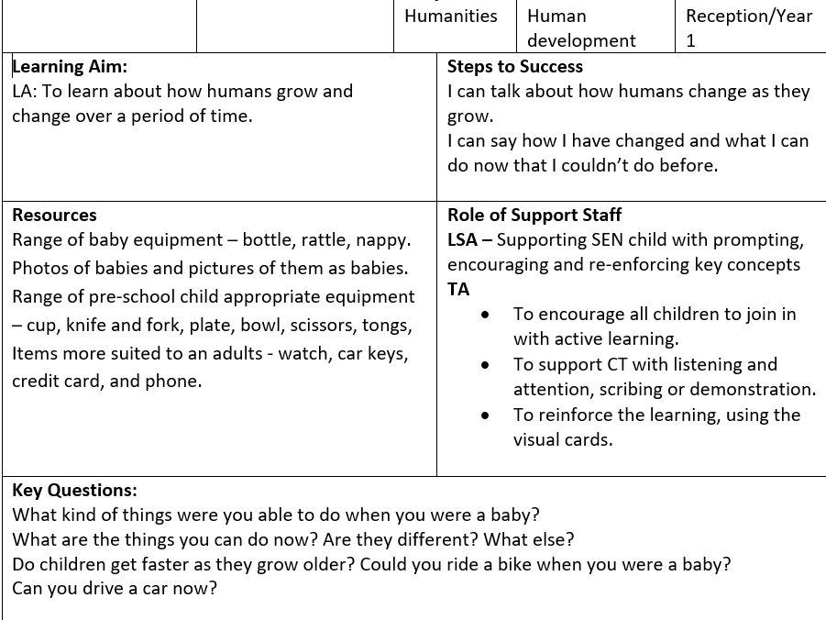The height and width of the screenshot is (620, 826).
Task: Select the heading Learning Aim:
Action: [x=71, y=67]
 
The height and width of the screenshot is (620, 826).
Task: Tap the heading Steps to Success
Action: [x=515, y=67]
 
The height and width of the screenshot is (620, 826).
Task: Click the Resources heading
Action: [x=54, y=216]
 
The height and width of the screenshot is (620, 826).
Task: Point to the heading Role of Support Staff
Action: [x=534, y=216]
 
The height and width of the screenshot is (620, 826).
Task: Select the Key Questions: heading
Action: [x=74, y=491]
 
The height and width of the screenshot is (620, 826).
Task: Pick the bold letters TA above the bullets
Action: [x=458, y=290]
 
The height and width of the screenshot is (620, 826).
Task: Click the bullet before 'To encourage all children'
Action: [x=485, y=315]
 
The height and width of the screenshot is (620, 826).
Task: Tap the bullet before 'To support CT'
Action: [x=485, y=365]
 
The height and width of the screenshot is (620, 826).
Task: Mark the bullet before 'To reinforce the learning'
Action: [x=485, y=415]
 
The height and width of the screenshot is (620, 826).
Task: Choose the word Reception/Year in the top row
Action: [x=749, y=17]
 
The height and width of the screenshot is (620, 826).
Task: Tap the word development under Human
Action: [x=581, y=41]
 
